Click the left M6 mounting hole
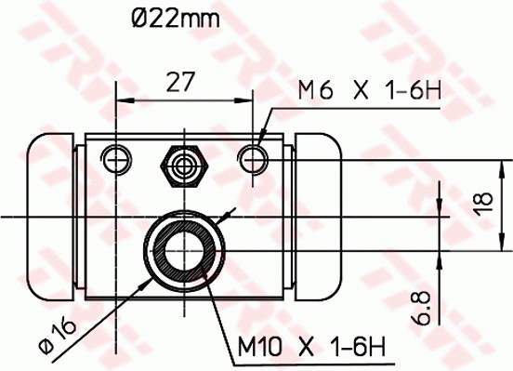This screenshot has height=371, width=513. click(x=116, y=159)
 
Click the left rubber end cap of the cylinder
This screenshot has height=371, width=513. click(x=52, y=216)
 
